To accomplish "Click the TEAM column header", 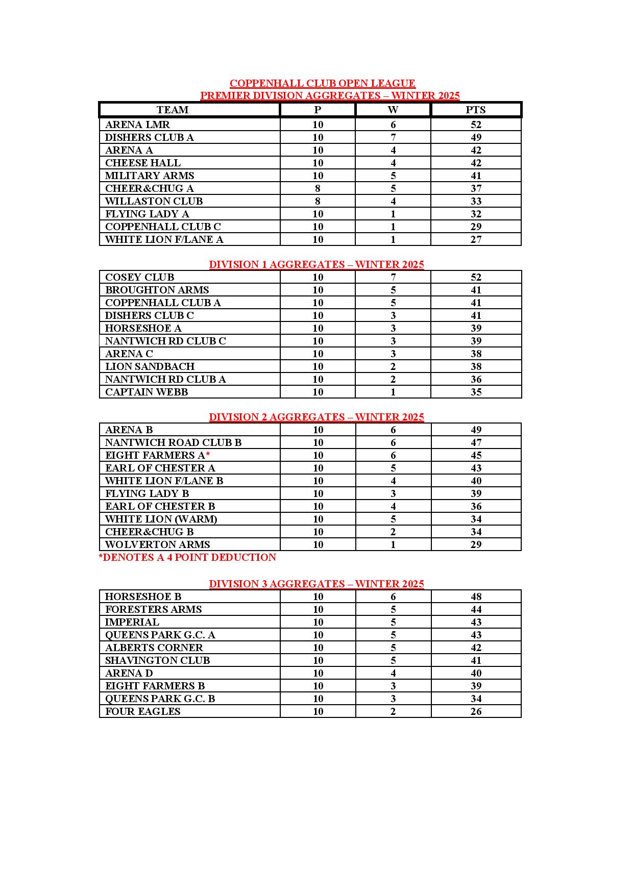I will (x=173, y=110).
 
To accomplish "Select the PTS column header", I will (x=476, y=110).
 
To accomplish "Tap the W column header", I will (x=393, y=110).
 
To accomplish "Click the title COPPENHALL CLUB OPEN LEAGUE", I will (x=322, y=83).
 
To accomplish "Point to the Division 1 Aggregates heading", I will (x=316, y=264).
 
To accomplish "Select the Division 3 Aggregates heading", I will (x=316, y=584).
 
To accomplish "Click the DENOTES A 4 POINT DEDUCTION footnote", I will (x=187, y=557).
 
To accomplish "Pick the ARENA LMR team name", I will (x=137, y=125).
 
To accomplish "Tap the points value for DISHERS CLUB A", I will (x=476, y=137).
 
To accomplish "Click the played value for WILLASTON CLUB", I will (x=318, y=201).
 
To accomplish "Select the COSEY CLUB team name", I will (x=139, y=277).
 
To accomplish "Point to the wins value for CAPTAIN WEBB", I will (x=393, y=392).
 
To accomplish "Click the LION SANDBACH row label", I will (x=150, y=366).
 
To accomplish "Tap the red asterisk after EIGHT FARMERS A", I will (x=208, y=454).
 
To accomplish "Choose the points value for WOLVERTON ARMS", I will (x=476, y=544).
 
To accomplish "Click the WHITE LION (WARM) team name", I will (x=161, y=519).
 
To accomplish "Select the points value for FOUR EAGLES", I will (x=476, y=711).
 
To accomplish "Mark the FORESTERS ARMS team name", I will (x=153, y=609).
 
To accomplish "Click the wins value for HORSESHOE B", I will (x=393, y=596).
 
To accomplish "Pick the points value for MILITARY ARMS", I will (x=476, y=176).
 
